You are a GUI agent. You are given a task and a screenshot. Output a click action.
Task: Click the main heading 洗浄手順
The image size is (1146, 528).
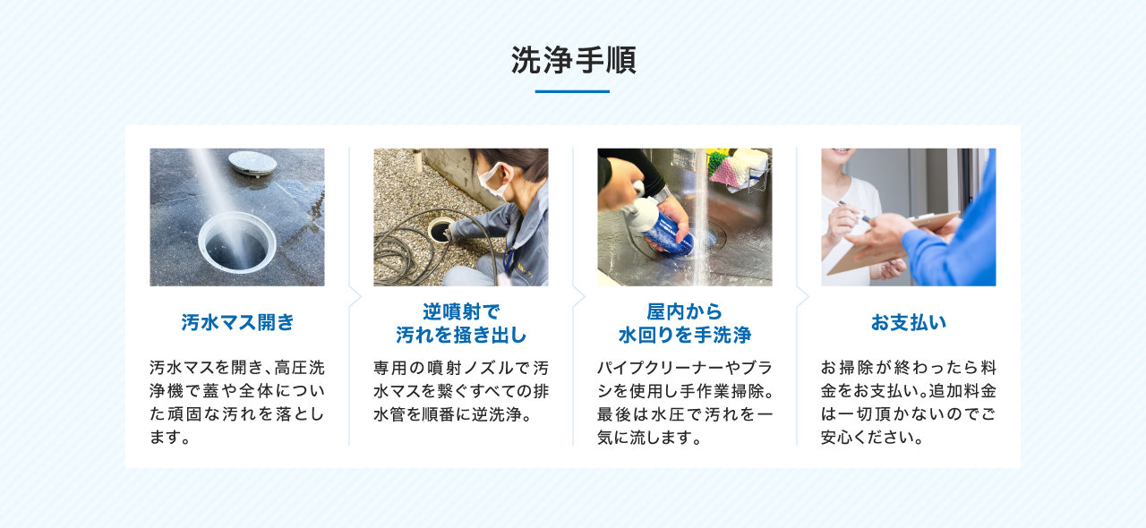coord(573,60)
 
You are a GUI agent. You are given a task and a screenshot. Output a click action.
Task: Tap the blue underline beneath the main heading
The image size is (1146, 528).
coord(572,91)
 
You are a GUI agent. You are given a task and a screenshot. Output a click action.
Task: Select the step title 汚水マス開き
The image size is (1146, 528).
coord(237,322)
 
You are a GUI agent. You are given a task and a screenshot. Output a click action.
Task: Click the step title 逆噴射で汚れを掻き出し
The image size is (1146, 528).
coord(461,323)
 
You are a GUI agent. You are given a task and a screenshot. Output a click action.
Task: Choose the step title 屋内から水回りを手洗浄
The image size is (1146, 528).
coord(685,323)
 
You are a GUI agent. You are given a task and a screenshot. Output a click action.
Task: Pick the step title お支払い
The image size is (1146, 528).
coord(909,322)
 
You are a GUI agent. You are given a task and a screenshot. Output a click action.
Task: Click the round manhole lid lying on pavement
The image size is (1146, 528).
coord(252,162)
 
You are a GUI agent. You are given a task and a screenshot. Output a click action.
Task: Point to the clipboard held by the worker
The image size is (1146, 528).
coord(895,242)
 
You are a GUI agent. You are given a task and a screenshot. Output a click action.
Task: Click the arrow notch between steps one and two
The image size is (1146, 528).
coord(355,296)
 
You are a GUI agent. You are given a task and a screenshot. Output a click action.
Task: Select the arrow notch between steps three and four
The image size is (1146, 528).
coord(802,296)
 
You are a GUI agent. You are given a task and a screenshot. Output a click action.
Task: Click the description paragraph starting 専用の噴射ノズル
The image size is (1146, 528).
coord(461,391)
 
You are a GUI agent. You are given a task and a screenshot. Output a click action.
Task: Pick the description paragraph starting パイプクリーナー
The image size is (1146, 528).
coord(685,403)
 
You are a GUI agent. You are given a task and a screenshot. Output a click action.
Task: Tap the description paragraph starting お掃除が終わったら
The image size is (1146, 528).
coord(909,403)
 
